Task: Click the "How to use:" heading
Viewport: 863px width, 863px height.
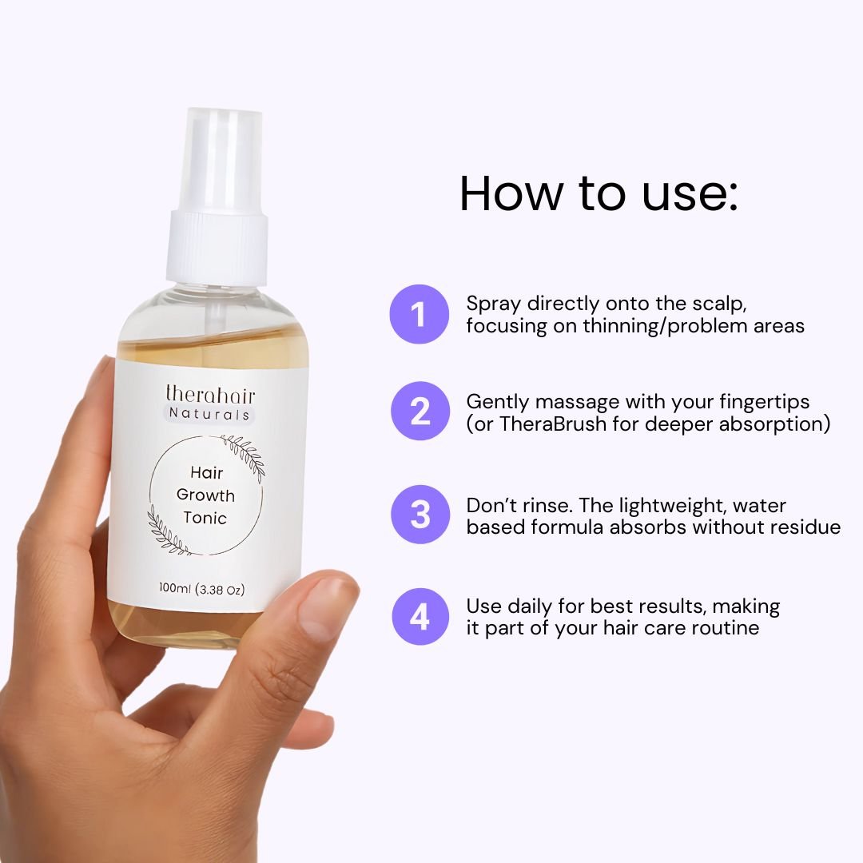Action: (599, 193)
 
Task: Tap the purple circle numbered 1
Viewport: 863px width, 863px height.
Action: (419, 314)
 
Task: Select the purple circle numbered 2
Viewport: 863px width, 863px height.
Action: (419, 412)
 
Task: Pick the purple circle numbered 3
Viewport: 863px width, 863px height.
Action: (419, 515)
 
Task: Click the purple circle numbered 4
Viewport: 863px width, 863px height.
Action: (419, 616)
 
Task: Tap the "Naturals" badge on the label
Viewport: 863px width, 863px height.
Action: (209, 414)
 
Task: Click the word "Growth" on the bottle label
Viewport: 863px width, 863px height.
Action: (205, 495)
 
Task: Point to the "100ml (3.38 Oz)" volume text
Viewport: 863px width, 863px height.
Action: (201, 590)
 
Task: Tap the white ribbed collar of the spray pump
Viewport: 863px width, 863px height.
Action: (216, 243)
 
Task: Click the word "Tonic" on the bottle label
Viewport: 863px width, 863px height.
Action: (205, 518)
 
